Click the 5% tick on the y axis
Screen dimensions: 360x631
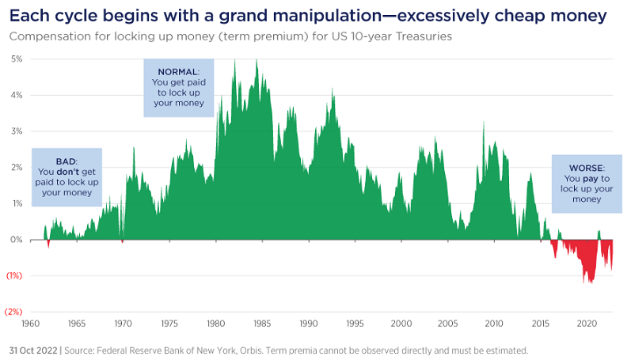pos(16,59)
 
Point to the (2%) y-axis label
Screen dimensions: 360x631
pos(14,312)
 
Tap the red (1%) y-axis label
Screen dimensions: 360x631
pos(14,275)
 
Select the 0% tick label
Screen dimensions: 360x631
pos(16,240)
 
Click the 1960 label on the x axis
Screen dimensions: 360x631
pos(31,324)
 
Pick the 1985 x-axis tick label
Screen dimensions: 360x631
pos(263,324)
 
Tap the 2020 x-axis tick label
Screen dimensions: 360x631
pos(587,324)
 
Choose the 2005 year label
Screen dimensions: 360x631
pos(448,324)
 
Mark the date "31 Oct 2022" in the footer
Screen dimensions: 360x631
pos(32,349)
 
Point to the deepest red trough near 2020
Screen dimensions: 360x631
pos(589,282)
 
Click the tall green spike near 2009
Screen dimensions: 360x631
pos(483,123)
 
